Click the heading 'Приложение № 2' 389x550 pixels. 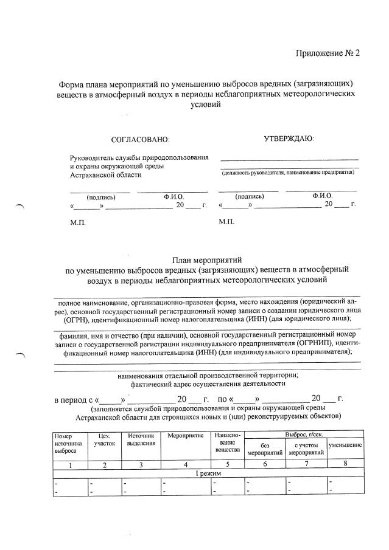(328, 53)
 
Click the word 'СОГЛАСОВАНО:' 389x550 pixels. (140, 140)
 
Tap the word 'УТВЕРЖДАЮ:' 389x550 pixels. (289, 139)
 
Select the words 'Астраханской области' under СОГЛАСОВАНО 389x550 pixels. (105, 175)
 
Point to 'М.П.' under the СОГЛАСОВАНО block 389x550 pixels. (78, 222)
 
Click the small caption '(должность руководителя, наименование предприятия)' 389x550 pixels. (288, 173)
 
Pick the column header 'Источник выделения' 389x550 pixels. (141, 440)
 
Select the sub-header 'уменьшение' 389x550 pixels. (345, 446)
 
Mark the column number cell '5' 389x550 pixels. (227, 465)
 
